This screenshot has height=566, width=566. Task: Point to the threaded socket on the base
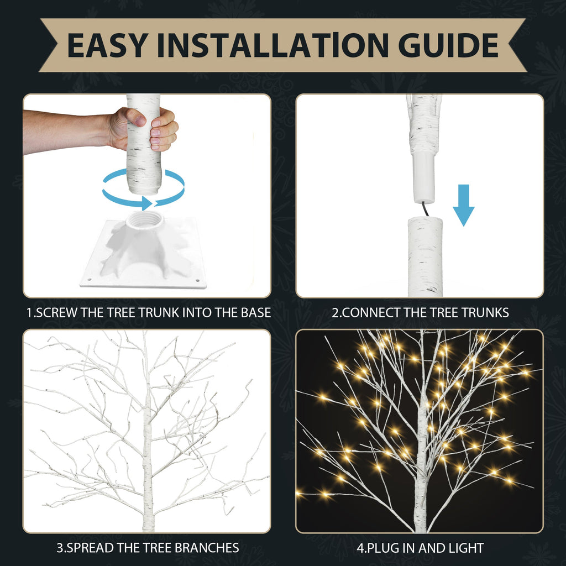click(145, 222)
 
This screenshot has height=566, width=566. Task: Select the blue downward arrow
click(463, 205)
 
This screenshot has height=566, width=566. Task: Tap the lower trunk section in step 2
click(425, 257)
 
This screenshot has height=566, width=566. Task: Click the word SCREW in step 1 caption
click(58, 312)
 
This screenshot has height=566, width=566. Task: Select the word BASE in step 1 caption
click(255, 312)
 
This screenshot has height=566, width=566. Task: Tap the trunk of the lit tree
click(421, 470)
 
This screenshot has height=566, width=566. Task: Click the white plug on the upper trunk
click(424, 180)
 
